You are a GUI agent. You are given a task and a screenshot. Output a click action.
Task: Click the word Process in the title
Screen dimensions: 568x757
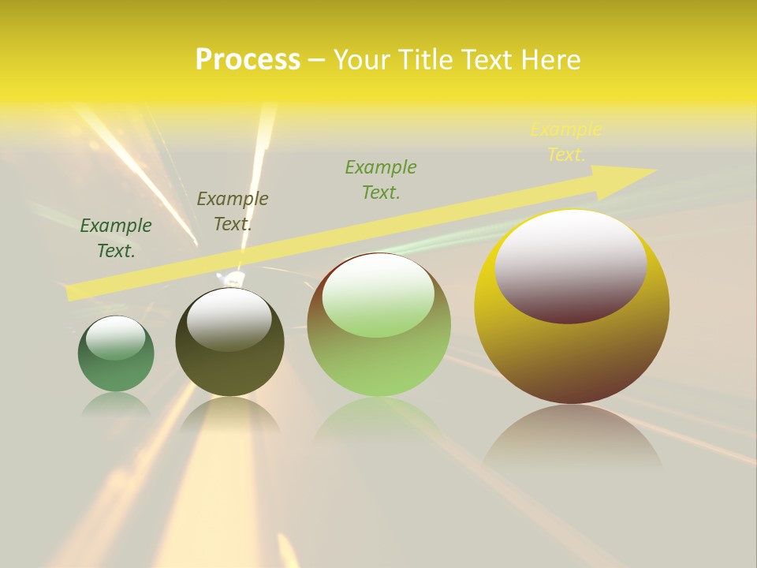(248, 60)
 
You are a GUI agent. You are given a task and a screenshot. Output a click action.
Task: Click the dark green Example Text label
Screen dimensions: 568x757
(116, 238)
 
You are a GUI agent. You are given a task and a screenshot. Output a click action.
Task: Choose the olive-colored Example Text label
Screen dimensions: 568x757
(232, 211)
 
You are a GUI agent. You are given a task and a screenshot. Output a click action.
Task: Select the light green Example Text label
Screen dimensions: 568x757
(381, 180)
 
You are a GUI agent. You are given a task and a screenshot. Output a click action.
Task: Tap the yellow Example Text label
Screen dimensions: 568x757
(565, 142)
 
